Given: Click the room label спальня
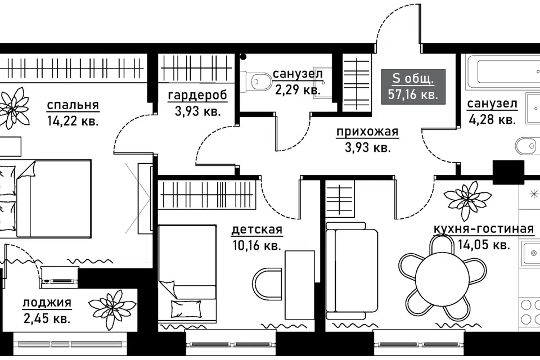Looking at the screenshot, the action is [73, 105].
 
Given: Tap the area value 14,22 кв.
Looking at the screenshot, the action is [73, 121].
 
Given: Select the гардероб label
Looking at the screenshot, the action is [197, 96].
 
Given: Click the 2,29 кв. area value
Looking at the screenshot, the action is [298, 90].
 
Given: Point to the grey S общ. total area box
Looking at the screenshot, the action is [413, 87].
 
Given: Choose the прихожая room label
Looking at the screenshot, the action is [367, 132].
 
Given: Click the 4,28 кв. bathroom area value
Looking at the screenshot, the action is [492, 120].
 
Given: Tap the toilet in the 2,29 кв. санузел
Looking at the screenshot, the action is [256, 82].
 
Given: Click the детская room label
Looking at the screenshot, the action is [257, 229].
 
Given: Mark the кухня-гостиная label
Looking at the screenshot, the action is [484, 229].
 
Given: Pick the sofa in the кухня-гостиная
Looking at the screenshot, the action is [351, 271].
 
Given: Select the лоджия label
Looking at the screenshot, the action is [47, 303].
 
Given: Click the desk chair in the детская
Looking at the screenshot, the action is [267, 285].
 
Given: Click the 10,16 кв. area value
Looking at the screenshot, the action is [257, 246].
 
